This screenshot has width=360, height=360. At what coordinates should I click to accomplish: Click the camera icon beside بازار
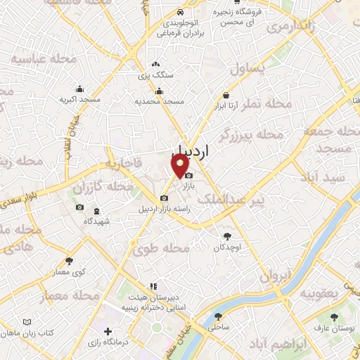[x=188, y=174]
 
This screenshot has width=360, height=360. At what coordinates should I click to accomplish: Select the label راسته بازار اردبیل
[x=164, y=209]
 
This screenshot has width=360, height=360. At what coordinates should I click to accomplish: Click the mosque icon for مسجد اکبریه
[x=79, y=89]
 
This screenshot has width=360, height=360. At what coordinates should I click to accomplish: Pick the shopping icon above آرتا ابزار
[x=226, y=95]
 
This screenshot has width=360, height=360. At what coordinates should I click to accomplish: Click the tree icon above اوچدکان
[x=226, y=237]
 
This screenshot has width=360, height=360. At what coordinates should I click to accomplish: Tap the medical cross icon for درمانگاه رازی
[x=107, y=330]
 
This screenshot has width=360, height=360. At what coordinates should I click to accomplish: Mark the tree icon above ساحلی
[x=217, y=316]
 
